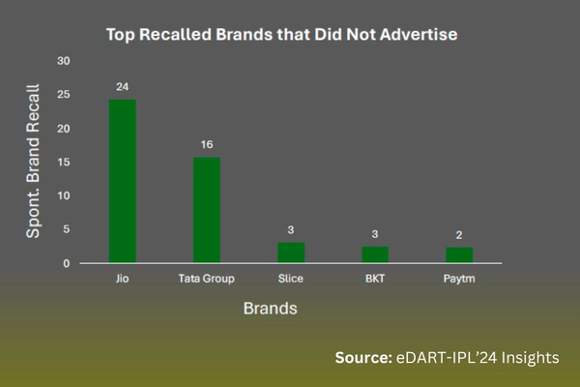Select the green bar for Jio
[122, 181]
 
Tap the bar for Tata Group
[207, 209]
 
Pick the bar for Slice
[291, 252]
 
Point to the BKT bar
[375, 253]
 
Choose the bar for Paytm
[459, 254]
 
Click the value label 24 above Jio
[122, 86]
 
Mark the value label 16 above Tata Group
[207, 143]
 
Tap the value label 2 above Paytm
[459, 233]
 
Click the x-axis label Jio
[122, 279]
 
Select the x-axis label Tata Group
[207, 279]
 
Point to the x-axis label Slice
[291, 279]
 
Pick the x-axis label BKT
[375, 279]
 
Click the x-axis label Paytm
[459, 279]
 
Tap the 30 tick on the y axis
[65, 61]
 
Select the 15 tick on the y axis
[65, 162]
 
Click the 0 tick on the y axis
[68, 263]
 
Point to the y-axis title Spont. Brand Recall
[33, 163]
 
